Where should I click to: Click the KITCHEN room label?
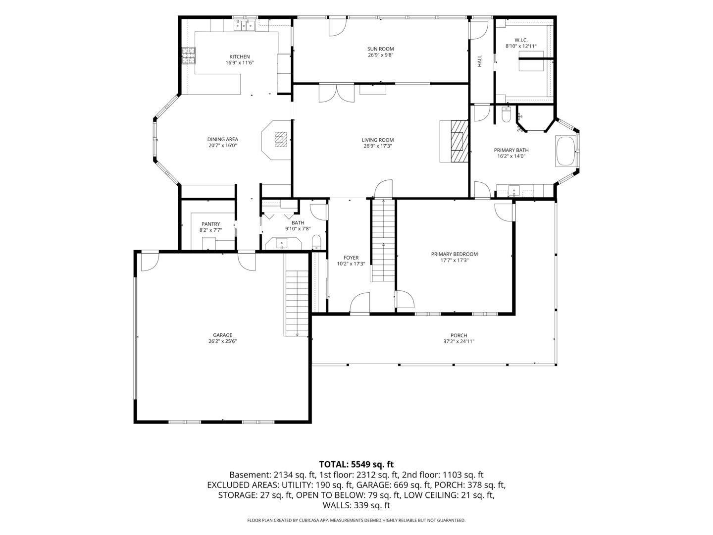239,57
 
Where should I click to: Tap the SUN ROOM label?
380,49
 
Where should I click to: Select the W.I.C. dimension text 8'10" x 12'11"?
521,46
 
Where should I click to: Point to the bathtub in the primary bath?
565,152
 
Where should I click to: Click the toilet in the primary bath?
506,114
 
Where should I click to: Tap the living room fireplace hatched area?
459,141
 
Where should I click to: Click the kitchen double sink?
245,25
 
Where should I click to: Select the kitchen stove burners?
189,55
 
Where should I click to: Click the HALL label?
479,61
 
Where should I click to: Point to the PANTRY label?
210,224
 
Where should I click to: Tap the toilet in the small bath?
316,242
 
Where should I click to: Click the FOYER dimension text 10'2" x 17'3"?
351,264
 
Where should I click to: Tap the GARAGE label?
222,335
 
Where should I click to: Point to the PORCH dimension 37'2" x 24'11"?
458,341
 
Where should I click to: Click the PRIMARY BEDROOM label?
455,254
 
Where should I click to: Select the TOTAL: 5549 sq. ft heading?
356,464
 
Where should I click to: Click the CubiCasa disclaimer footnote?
356,520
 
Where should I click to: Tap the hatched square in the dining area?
281,140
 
